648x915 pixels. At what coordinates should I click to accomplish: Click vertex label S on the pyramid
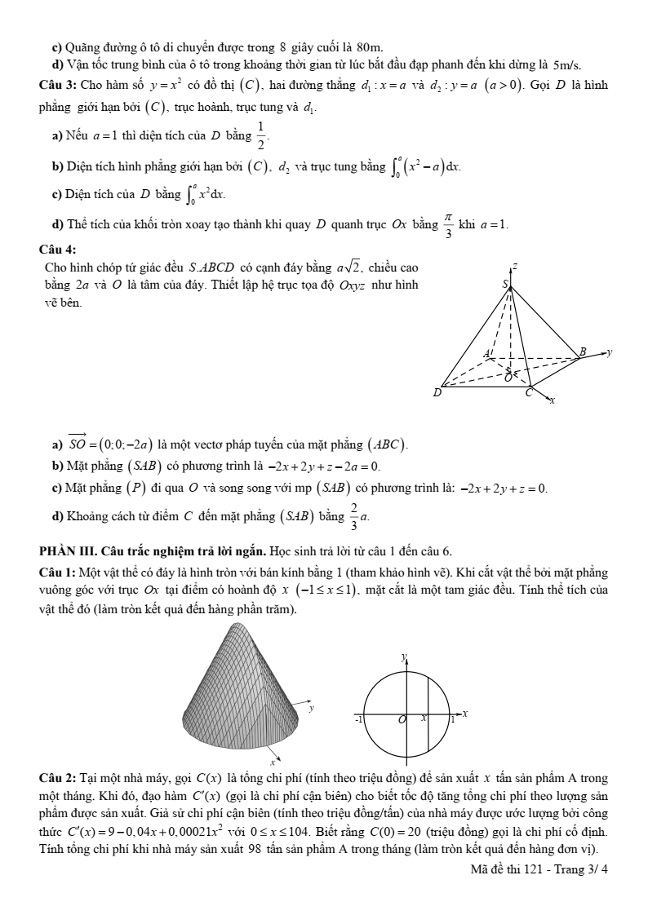coord(505,284)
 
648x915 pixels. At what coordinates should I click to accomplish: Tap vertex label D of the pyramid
coord(437,393)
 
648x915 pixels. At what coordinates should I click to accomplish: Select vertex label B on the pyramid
coord(582,351)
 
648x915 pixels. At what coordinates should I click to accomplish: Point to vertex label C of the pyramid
coord(528,393)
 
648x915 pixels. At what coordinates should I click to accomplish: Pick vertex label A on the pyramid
coord(487,353)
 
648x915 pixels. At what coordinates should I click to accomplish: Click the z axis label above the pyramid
coord(515,266)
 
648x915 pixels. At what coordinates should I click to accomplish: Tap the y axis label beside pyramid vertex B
coord(610,352)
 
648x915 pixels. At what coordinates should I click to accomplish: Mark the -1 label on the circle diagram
coord(358,720)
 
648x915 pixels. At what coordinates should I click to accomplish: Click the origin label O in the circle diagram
coord(402,720)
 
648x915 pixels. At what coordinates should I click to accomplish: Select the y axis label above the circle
coord(403,656)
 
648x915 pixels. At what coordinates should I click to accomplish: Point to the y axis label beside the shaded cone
coord(312,709)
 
